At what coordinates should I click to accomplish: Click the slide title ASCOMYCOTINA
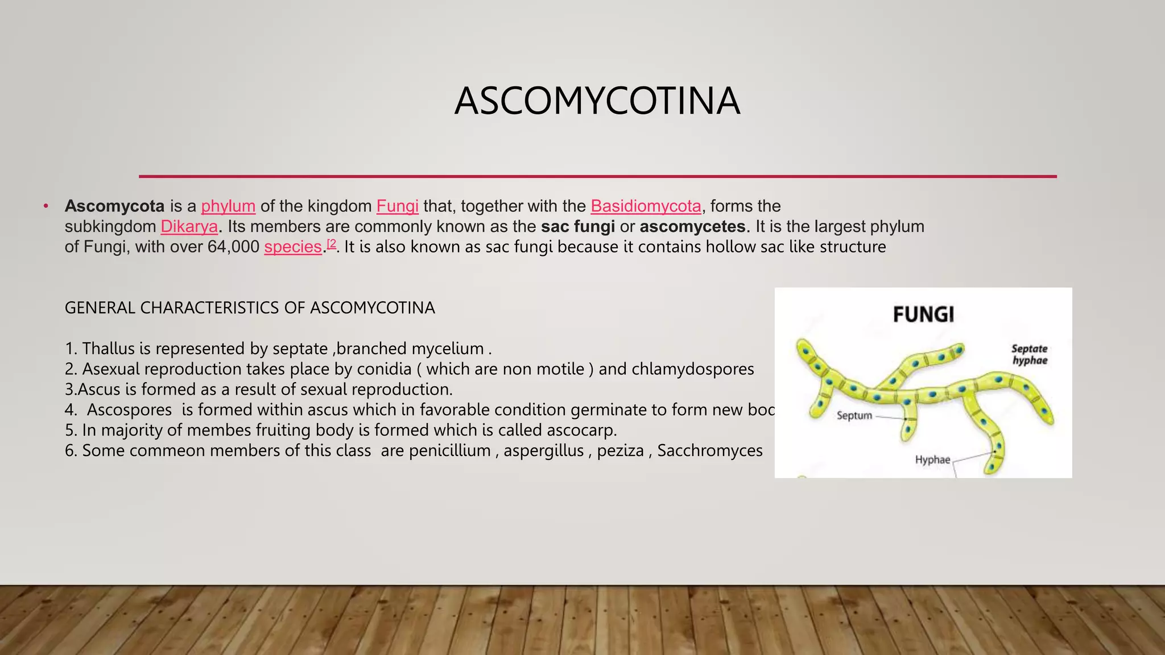coord(597,101)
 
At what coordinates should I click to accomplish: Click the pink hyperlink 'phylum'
coord(228,206)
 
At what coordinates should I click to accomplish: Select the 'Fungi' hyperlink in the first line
coord(397,206)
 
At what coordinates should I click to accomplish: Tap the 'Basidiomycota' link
coord(646,206)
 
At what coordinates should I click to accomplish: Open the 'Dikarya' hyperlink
coord(189,226)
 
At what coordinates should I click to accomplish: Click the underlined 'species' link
coord(293,247)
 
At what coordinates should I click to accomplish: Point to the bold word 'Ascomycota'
coord(114,206)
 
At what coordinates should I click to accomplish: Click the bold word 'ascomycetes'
coord(692,226)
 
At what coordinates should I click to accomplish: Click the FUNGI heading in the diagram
coord(923,314)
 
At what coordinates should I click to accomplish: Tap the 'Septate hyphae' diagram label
coord(1030,354)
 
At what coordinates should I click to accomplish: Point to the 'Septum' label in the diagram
coord(854,416)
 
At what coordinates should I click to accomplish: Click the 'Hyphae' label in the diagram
coord(932,459)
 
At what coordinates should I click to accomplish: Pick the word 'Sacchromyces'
coord(710,450)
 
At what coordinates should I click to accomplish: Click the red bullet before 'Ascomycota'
coord(46,206)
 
